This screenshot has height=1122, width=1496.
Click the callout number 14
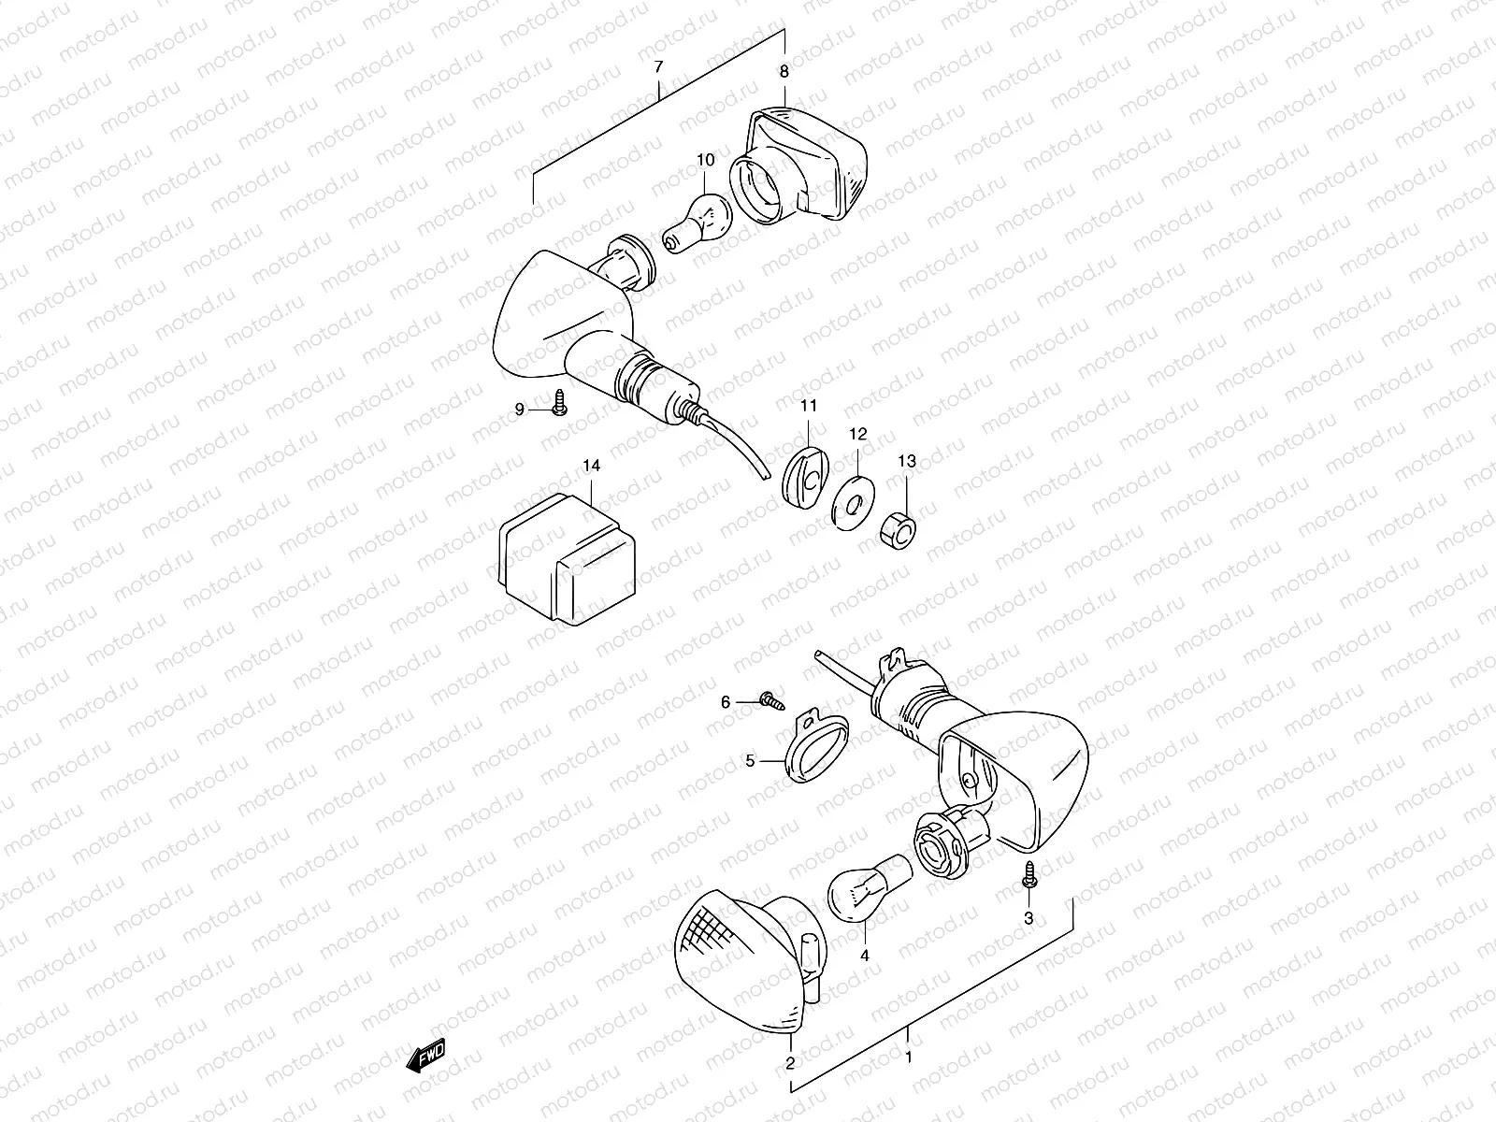tap(591, 466)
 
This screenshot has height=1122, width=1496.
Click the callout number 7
tap(659, 67)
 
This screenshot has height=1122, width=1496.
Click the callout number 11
tap(808, 406)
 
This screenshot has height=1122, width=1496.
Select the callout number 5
tap(750, 761)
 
